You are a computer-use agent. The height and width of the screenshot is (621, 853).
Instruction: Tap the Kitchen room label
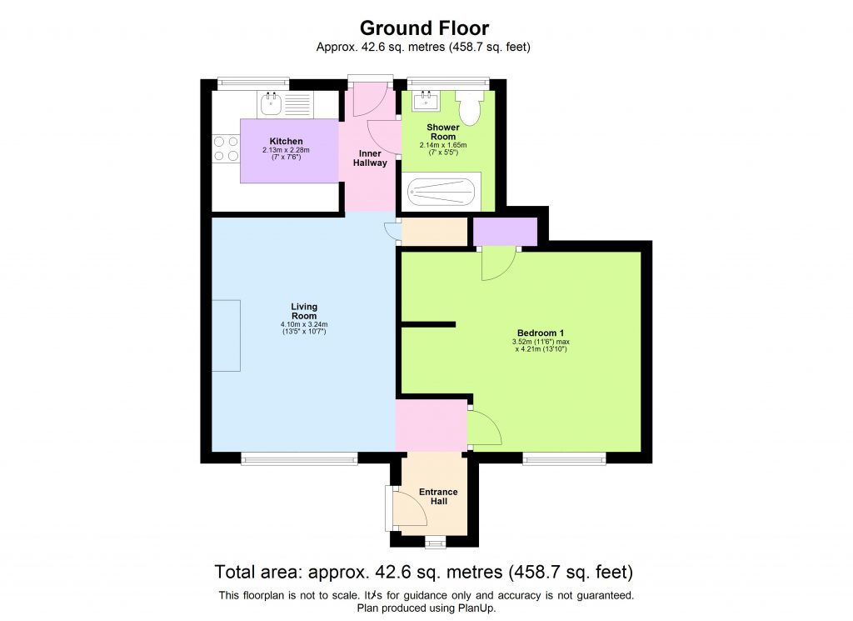[x=286, y=141]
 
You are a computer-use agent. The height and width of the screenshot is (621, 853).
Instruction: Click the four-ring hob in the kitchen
[x=225, y=148]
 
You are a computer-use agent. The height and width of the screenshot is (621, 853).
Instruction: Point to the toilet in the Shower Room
[x=470, y=109]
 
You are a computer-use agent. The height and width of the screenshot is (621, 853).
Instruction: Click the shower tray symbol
[x=442, y=192]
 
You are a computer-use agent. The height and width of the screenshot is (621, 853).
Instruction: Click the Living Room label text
[x=303, y=312]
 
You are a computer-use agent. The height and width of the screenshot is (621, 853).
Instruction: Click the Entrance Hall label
[x=438, y=497]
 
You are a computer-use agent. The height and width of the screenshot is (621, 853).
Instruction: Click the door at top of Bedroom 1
[x=497, y=264]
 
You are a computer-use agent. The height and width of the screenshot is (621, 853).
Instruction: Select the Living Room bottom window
[x=299, y=458]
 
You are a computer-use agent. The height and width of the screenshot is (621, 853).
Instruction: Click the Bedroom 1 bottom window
[x=564, y=458]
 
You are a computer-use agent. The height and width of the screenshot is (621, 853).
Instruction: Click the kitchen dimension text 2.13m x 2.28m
[x=286, y=150]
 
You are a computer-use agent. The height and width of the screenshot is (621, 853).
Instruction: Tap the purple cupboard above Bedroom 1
[x=505, y=231]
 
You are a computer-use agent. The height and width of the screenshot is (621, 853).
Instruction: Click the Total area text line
[x=425, y=573]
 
